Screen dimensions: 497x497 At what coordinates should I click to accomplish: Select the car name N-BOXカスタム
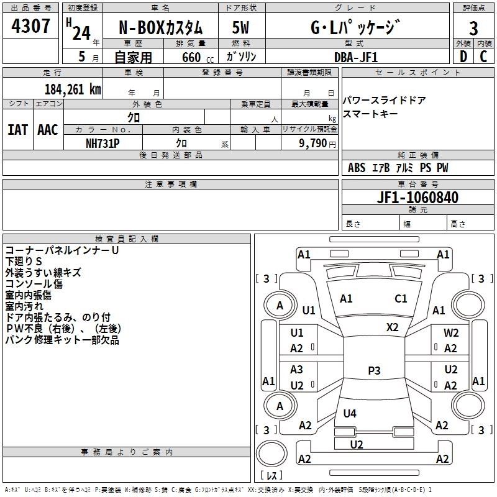coord(160,29)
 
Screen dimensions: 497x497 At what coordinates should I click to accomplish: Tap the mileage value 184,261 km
coord(73,89)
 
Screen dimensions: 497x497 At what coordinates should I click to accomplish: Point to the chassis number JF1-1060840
coord(417,198)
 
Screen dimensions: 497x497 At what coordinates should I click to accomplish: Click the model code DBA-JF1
coord(355,57)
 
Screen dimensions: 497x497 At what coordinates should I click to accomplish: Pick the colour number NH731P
coord(103,143)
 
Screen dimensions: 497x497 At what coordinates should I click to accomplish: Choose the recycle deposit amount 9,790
coord(312,143)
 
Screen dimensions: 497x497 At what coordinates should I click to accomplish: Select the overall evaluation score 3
coord(473,28)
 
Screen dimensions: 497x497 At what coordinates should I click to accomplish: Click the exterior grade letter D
coord(463,57)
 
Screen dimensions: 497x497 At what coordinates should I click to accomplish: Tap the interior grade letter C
coord(484,57)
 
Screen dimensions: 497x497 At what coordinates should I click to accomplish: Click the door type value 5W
coord(241,29)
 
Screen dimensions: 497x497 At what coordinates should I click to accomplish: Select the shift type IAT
coord(17,130)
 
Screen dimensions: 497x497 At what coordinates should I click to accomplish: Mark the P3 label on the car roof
coord(374,370)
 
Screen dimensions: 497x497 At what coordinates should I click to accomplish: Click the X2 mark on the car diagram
coord(393,327)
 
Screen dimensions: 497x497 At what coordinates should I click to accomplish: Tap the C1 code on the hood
coord(401,298)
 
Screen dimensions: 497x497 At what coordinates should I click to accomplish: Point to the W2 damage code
coord(451,333)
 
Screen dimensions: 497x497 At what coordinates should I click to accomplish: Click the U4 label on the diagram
coord(350,413)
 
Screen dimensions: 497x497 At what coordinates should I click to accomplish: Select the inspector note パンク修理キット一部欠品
coord(62,340)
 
